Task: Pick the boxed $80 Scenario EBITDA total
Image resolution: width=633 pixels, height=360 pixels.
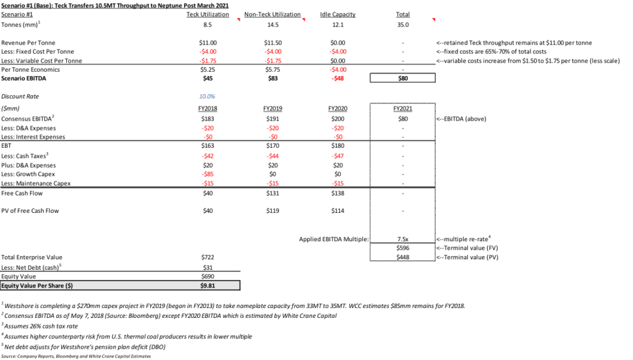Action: (x=402, y=78)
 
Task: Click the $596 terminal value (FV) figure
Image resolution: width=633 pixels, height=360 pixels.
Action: (x=402, y=248)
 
